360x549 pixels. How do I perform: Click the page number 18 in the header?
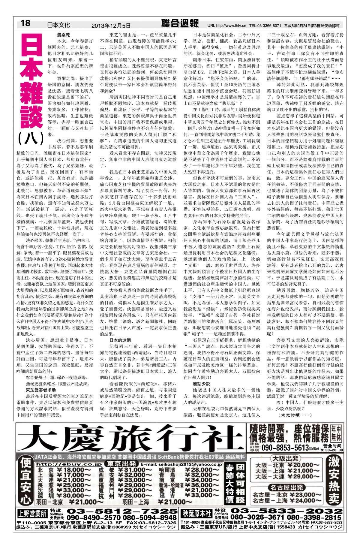coord(25,23)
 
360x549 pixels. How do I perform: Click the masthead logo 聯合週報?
coord(179,23)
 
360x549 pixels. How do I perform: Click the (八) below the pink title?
coord(31,138)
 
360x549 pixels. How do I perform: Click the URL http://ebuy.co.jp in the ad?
coord(69,464)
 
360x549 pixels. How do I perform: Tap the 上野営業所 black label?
coord(32,514)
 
